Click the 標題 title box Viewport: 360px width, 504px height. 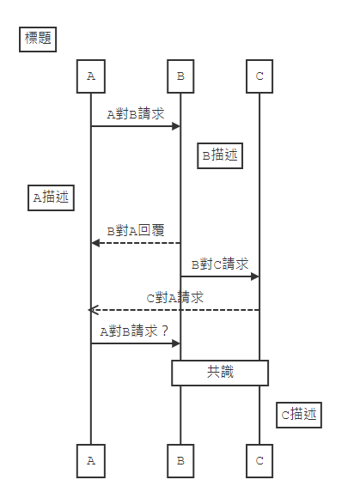coord(38,39)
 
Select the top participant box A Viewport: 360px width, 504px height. coord(91,76)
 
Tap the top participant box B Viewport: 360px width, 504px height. coord(180,76)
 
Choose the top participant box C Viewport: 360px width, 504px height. coord(259,76)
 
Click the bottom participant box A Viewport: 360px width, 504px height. coord(91,460)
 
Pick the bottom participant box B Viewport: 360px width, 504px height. coord(180,460)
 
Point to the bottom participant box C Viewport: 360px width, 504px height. coord(259,460)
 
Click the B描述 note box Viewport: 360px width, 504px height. coord(219,155)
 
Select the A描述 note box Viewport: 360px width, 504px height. coord(51,197)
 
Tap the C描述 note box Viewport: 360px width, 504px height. coord(299,415)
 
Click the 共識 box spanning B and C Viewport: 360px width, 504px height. coord(220,373)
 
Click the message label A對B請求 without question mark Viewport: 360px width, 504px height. coord(135,113)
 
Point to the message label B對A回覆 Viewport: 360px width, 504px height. coord(136,231)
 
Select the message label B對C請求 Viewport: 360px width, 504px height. coord(220,264)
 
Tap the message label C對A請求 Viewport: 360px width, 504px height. coord(175,298)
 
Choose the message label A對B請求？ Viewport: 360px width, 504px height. coord(135,331)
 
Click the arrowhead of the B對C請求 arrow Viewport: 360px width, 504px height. coord(255,276)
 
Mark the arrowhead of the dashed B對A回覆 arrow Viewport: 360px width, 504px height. coord(96,243)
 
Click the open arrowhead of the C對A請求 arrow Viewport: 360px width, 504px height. coord(93,310)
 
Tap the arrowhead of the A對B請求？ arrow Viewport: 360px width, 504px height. coord(176,343)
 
